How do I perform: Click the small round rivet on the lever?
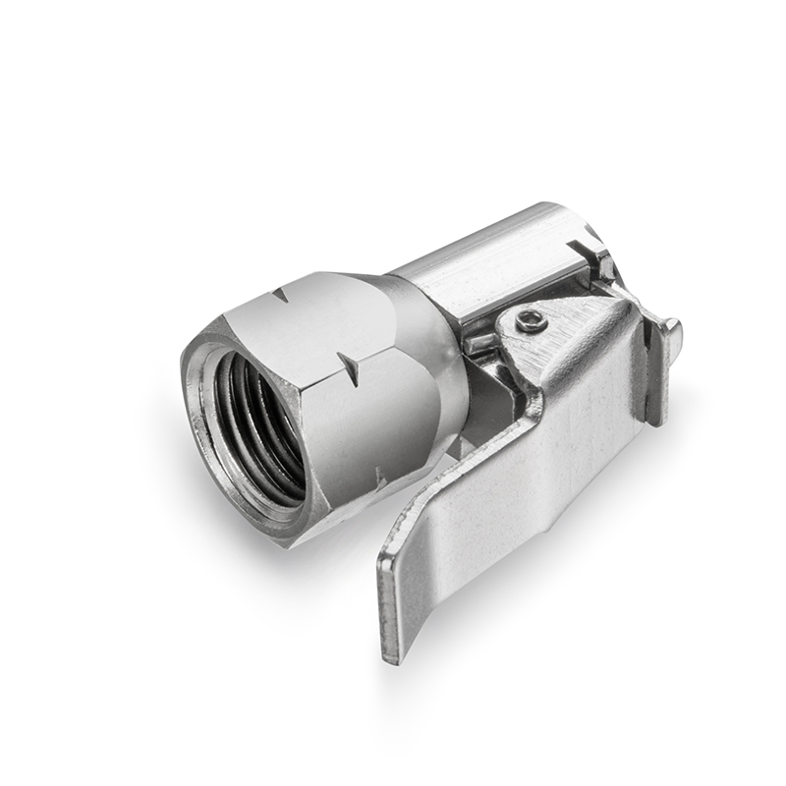[x=532, y=319]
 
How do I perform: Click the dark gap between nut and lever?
[x=486, y=393]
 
